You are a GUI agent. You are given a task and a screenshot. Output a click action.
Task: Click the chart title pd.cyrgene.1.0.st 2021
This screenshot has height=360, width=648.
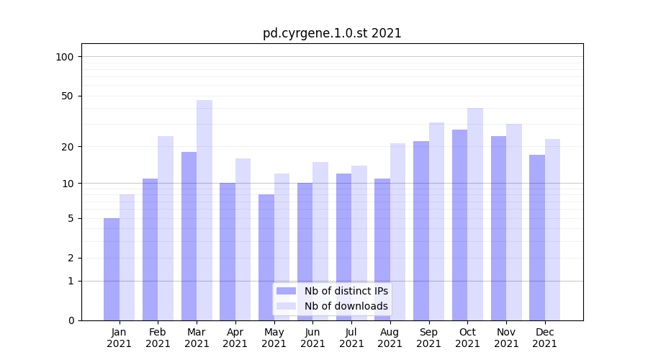click(x=332, y=33)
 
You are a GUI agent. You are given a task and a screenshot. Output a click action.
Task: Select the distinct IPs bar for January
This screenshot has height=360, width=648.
click(x=112, y=269)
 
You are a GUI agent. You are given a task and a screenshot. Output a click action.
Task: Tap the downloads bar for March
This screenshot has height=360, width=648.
click(x=204, y=210)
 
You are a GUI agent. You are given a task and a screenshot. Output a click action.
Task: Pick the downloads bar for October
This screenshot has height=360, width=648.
click(x=475, y=214)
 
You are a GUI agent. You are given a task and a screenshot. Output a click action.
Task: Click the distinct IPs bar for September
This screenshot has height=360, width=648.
click(x=421, y=230)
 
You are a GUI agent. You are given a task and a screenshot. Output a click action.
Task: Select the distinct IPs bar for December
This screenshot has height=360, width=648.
click(x=537, y=238)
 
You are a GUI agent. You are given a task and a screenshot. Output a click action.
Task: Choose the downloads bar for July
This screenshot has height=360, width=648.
click(x=359, y=243)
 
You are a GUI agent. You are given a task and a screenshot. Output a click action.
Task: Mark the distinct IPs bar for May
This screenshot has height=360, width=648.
click(x=266, y=257)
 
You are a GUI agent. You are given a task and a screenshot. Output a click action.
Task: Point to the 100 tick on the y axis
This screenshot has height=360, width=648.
click(x=69, y=57)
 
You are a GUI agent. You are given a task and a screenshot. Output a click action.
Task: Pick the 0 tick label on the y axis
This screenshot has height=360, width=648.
click(x=71, y=320)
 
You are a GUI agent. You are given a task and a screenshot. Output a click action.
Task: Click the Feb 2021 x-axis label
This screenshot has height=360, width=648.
click(x=158, y=338)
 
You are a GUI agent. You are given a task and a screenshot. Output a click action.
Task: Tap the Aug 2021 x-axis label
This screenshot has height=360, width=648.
click(x=390, y=338)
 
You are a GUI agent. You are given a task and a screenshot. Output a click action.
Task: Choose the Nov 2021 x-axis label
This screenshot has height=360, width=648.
click(x=506, y=338)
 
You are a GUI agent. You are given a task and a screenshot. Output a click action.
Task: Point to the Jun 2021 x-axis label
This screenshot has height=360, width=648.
click(x=312, y=338)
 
